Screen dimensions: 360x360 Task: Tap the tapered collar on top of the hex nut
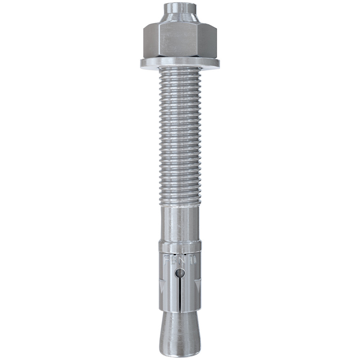[x=180, y=20]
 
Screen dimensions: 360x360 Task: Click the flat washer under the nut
[x=180, y=63]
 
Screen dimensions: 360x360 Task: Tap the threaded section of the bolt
[x=180, y=135]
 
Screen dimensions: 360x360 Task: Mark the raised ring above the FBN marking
[x=180, y=247]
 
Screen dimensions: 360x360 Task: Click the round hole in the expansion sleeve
[x=180, y=273]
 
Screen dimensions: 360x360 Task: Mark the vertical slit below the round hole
[x=180, y=295]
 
